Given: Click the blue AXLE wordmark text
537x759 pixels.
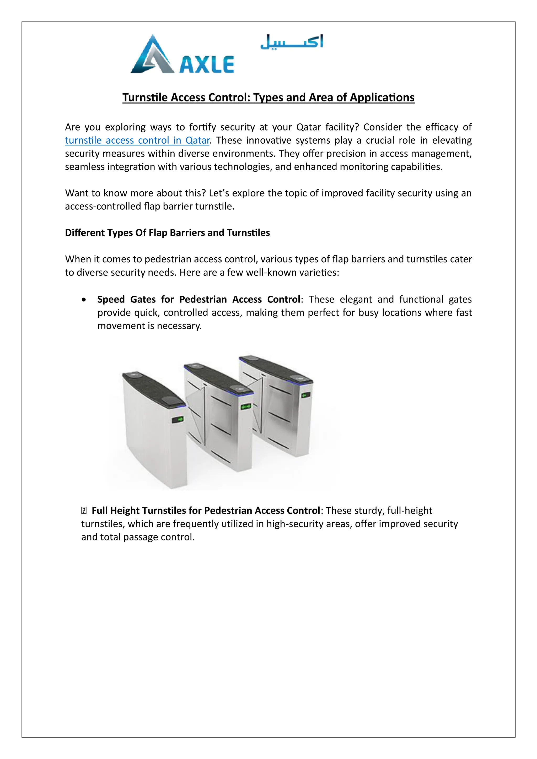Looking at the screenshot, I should tap(207, 65).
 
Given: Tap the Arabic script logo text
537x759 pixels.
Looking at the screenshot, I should tap(292, 42).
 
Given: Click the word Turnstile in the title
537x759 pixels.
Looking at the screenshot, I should tap(145, 97).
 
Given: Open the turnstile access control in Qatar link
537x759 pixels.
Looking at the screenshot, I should tap(137, 140).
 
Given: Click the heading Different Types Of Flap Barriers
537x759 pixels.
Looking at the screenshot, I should tap(167, 233).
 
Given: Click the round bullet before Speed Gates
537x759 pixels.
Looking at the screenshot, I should tap(84, 300).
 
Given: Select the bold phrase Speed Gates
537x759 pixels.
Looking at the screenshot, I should tap(126, 300).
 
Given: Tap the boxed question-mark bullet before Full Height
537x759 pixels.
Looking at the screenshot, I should tap(84, 511).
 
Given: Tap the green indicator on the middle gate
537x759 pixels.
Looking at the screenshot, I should tap(246, 406).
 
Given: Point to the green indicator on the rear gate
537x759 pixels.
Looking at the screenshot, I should tap(305, 395).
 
